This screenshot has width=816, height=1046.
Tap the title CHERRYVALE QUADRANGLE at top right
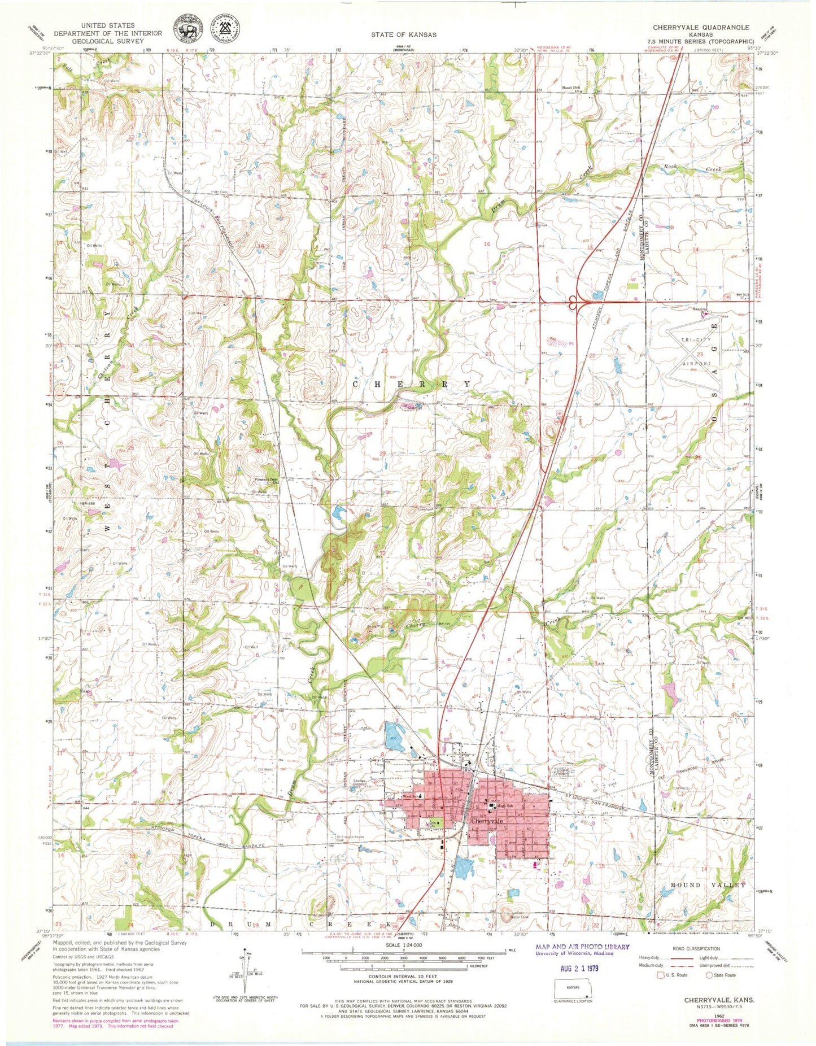[x=701, y=27]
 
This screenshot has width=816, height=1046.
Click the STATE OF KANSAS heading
[x=403, y=34]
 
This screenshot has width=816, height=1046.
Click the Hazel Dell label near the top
[x=571, y=88]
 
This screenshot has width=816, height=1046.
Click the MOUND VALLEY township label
[x=708, y=900]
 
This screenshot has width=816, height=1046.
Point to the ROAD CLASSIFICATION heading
[x=696, y=948]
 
